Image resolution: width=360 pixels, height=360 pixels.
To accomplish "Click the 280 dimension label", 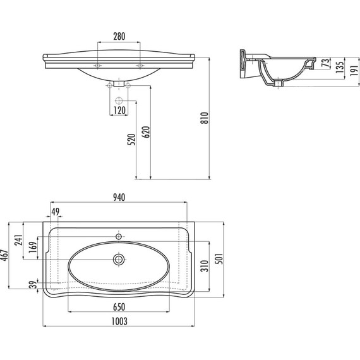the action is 119,36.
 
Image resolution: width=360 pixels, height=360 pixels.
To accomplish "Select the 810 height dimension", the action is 205,118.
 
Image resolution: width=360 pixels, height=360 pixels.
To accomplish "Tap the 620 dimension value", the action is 146,132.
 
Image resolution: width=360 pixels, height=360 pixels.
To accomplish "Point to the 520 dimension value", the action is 131,140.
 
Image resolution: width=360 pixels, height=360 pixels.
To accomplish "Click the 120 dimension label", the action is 119,111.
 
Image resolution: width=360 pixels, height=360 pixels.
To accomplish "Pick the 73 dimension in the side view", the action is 325,63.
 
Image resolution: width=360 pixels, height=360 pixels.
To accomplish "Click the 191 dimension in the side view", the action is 354,70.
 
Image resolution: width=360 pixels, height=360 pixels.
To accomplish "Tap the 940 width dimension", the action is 119,198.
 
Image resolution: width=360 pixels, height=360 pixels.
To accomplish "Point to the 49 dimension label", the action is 55,212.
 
